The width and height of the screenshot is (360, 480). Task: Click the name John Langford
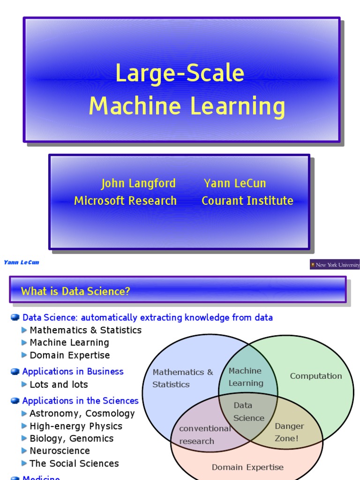(138, 183)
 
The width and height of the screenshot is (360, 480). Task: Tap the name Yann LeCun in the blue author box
(235, 183)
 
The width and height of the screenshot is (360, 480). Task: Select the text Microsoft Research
(125, 201)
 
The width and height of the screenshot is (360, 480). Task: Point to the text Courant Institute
(247, 201)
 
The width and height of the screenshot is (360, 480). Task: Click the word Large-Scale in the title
(180, 74)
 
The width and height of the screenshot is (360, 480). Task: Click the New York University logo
(335, 265)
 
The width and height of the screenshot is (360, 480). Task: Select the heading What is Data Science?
(75, 292)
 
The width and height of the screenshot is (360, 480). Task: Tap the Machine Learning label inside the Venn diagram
(246, 377)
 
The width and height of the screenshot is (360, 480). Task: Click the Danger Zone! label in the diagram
(289, 432)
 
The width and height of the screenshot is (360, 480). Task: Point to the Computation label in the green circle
(315, 376)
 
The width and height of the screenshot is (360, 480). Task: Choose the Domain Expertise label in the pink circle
(247, 467)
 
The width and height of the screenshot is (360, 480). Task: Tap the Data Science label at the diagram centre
(248, 412)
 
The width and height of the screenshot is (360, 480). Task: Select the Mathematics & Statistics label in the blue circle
(182, 378)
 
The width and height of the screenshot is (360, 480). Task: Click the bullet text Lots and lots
(59, 384)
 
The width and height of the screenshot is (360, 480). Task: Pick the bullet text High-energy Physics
(75, 426)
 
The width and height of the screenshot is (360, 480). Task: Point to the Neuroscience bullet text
(60, 450)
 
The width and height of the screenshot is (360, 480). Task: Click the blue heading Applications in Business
(73, 371)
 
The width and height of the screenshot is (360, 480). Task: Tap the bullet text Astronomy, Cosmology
(82, 413)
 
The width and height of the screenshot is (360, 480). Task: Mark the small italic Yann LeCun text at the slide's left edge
(22, 262)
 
